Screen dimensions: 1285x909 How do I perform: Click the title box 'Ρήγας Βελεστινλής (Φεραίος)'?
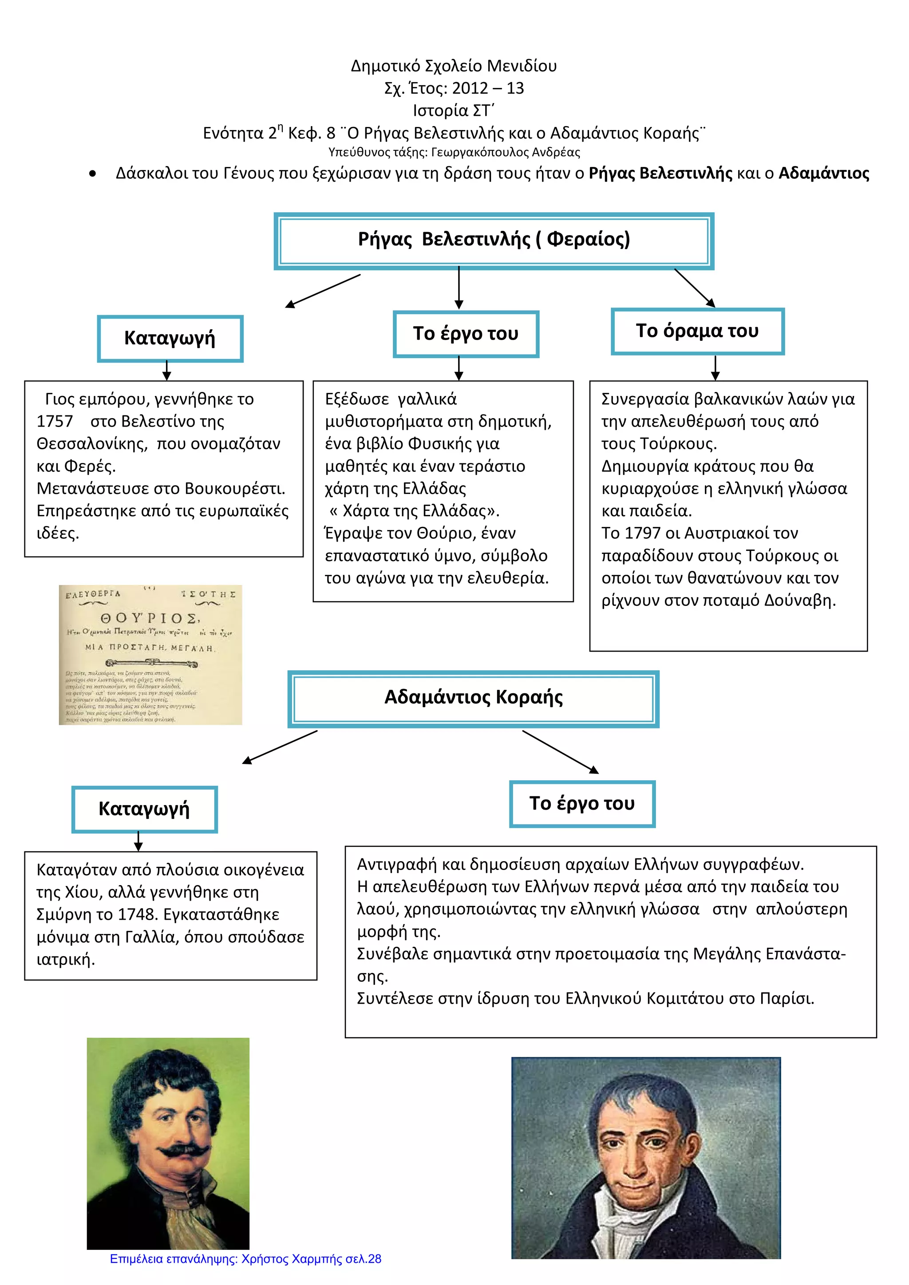pyautogui.click(x=494, y=240)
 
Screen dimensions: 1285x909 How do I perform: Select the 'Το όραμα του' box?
pyautogui.click(x=697, y=331)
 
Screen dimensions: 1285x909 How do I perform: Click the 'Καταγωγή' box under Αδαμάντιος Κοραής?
pyautogui.click(x=144, y=809)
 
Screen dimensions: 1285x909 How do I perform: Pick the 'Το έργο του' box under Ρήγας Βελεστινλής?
pyautogui.click(x=466, y=333)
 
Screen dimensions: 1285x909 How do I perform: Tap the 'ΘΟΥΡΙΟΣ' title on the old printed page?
pyautogui.click(x=150, y=618)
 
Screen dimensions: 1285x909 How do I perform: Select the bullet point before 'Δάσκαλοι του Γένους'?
pyautogui.click(x=92, y=174)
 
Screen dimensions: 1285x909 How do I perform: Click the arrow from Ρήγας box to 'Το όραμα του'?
pyautogui.click(x=695, y=288)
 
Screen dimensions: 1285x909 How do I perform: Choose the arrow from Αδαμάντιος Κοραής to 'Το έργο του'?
pyautogui.click(x=560, y=752)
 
